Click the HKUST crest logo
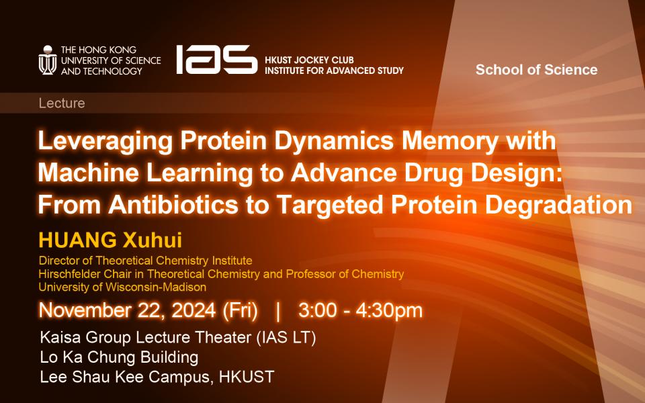(x=48, y=60)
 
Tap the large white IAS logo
(x=217, y=60)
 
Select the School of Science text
(x=536, y=69)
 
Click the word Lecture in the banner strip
(x=62, y=103)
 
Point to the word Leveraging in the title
(x=105, y=142)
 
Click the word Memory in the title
(x=450, y=142)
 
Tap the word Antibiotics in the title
(x=173, y=204)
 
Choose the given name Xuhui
(x=153, y=240)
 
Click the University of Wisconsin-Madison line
(x=122, y=287)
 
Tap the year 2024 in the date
(x=193, y=310)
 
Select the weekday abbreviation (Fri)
(x=241, y=310)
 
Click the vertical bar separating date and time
(x=278, y=311)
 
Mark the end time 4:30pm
(x=389, y=311)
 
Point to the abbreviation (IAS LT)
(x=286, y=338)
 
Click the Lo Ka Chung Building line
(x=120, y=357)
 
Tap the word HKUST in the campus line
(x=247, y=377)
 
